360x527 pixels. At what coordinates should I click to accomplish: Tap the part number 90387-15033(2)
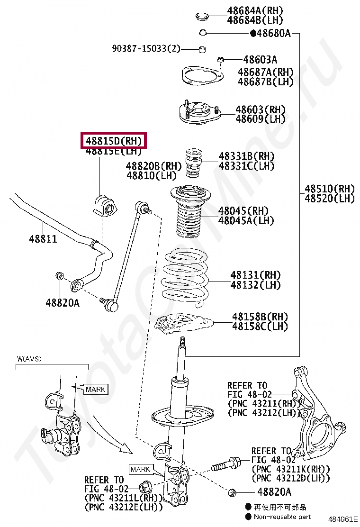pos(146,48)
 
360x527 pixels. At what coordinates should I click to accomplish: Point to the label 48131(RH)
pos(255,275)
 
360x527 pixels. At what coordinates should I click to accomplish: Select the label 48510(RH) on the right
pos(329,189)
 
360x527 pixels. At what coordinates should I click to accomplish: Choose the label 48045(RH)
pos(243,210)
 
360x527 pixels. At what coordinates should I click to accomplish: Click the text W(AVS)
pos(29,359)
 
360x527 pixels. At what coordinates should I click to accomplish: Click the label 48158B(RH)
pos(260,316)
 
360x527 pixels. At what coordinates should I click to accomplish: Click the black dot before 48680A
pos(252,33)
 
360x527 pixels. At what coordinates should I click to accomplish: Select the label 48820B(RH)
pos(154,166)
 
